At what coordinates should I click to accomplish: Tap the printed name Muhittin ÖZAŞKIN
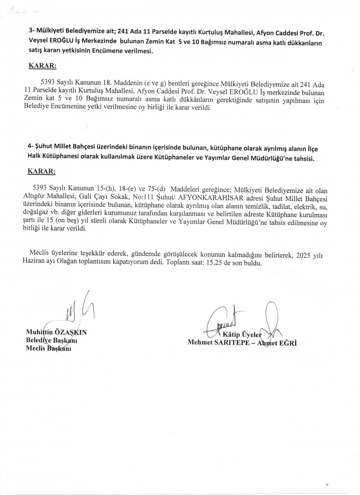coord(56,332)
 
